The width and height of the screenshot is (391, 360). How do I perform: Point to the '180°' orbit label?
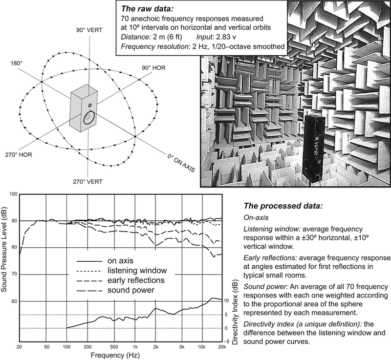17,63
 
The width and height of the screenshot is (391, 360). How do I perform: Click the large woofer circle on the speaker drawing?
88,118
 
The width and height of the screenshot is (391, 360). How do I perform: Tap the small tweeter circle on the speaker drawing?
90,105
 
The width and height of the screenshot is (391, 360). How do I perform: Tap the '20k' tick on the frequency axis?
221,346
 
